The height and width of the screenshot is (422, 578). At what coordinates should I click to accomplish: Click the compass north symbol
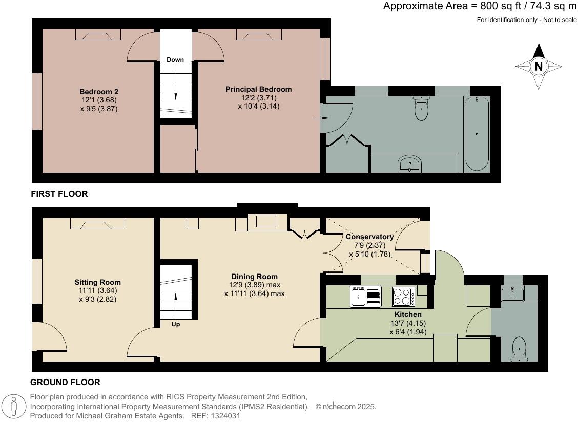pos(539,66)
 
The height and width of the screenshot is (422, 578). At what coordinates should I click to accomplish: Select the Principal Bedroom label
pos(258,89)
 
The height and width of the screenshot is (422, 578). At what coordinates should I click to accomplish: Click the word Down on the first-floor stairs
pos(175,60)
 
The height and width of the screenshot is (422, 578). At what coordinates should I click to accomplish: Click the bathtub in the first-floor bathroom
pos(477,134)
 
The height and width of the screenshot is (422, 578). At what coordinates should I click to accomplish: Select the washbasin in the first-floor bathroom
pos(410,164)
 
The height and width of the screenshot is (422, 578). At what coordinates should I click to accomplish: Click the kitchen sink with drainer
pos(365,297)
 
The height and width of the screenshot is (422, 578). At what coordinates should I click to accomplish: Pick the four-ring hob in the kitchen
pos(404,297)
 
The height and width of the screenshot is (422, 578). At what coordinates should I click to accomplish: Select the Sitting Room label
pos(97,282)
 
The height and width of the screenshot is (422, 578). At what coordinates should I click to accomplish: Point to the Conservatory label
pos(369,237)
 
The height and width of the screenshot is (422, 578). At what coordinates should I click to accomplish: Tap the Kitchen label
pos(408,314)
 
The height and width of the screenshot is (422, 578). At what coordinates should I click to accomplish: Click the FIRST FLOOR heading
pos(59,194)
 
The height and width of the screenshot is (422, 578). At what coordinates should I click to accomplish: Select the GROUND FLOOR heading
pos(65,382)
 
